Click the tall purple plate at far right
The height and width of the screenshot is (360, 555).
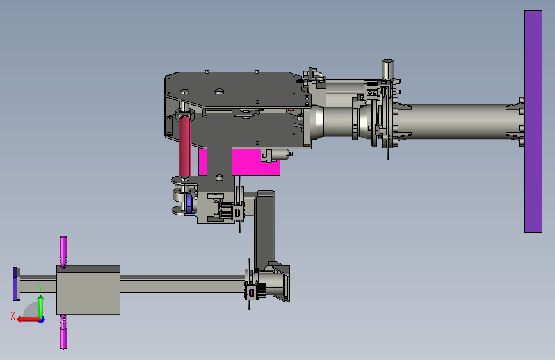point(533,121)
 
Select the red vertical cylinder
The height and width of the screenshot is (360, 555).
point(184,146)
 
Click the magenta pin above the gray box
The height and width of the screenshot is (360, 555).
point(63,252)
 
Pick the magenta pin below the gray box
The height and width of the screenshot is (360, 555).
point(63,332)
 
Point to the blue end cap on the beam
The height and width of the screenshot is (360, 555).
point(16,284)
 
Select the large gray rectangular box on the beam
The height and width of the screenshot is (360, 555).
point(88,290)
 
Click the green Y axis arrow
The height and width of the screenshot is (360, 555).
point(41,306)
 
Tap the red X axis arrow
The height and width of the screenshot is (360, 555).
point(29,320)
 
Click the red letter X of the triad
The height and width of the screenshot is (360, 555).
point(13,316)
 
